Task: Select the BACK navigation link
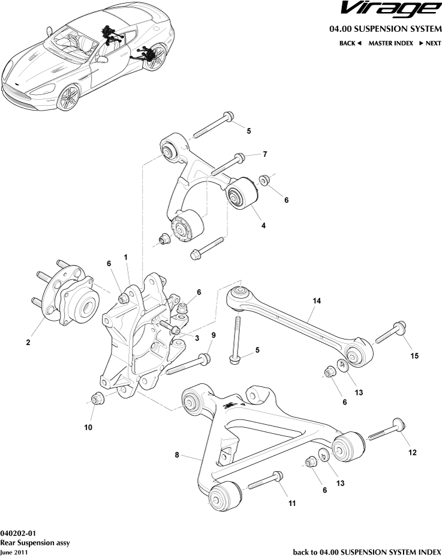tap(350, 43)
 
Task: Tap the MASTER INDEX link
tap(390, 43)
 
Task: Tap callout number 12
tap(412, 452)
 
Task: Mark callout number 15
tap(414, 356)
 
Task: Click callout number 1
tap(127, 257)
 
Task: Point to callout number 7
tap(264, 154)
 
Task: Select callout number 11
tap(292, 503)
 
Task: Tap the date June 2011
tap(13, 552)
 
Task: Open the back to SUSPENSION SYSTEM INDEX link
tap(366, 552)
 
